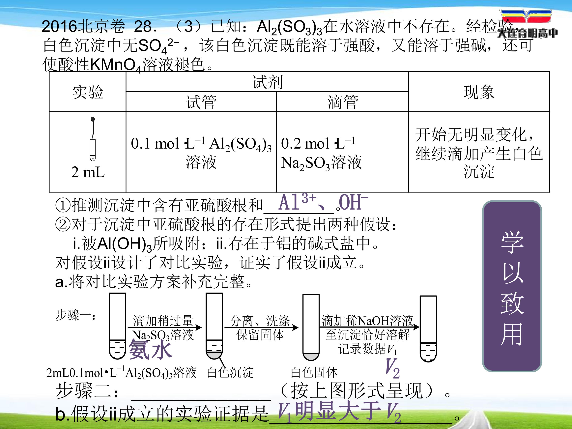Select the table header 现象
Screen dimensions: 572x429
479,92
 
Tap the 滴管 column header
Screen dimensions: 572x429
343,102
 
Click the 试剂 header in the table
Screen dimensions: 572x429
267,82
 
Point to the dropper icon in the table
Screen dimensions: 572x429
93,139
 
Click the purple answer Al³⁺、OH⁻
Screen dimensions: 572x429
323,202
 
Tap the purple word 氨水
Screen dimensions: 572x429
150,349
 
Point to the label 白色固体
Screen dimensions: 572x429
314,372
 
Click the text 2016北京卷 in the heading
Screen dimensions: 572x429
83,26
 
